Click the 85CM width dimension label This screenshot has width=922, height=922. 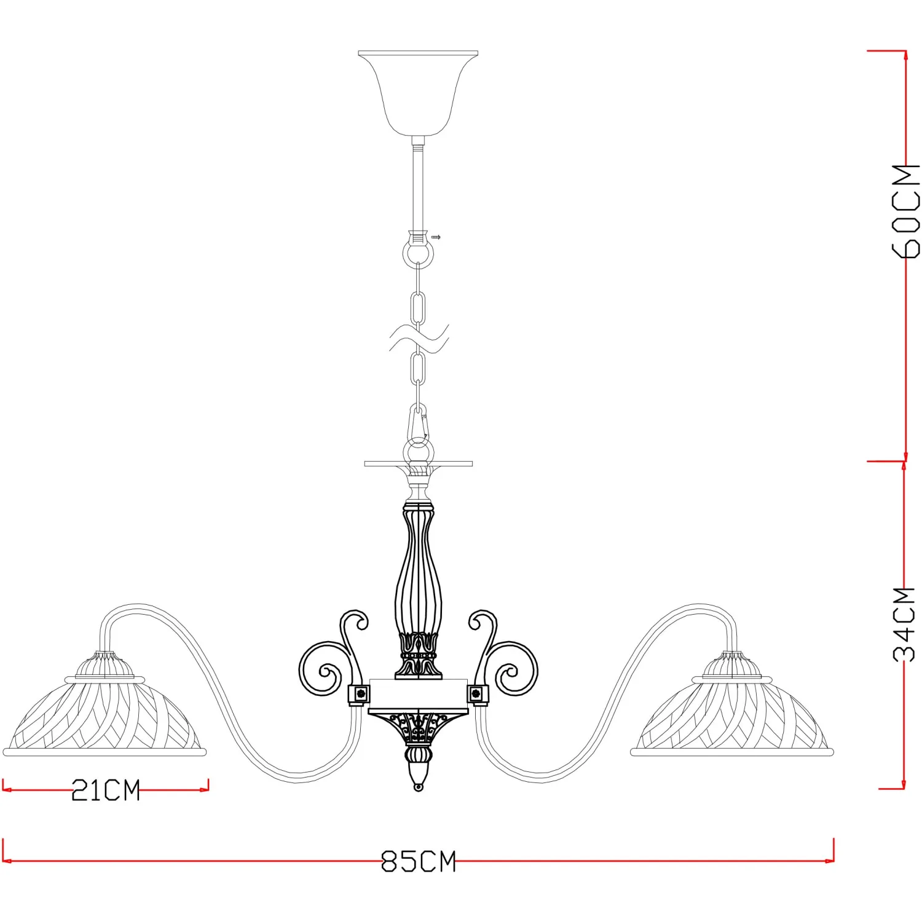click(419, 861)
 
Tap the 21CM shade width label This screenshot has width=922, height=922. click(106, 790)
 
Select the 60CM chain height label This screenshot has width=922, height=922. click(906, 211)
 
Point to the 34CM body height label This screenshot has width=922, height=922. click(904, 625)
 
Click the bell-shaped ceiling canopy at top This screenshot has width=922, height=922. click(418, 93)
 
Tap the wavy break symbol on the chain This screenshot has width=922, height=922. click(419, 339)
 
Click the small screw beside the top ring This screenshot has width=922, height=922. click(436, 237)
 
